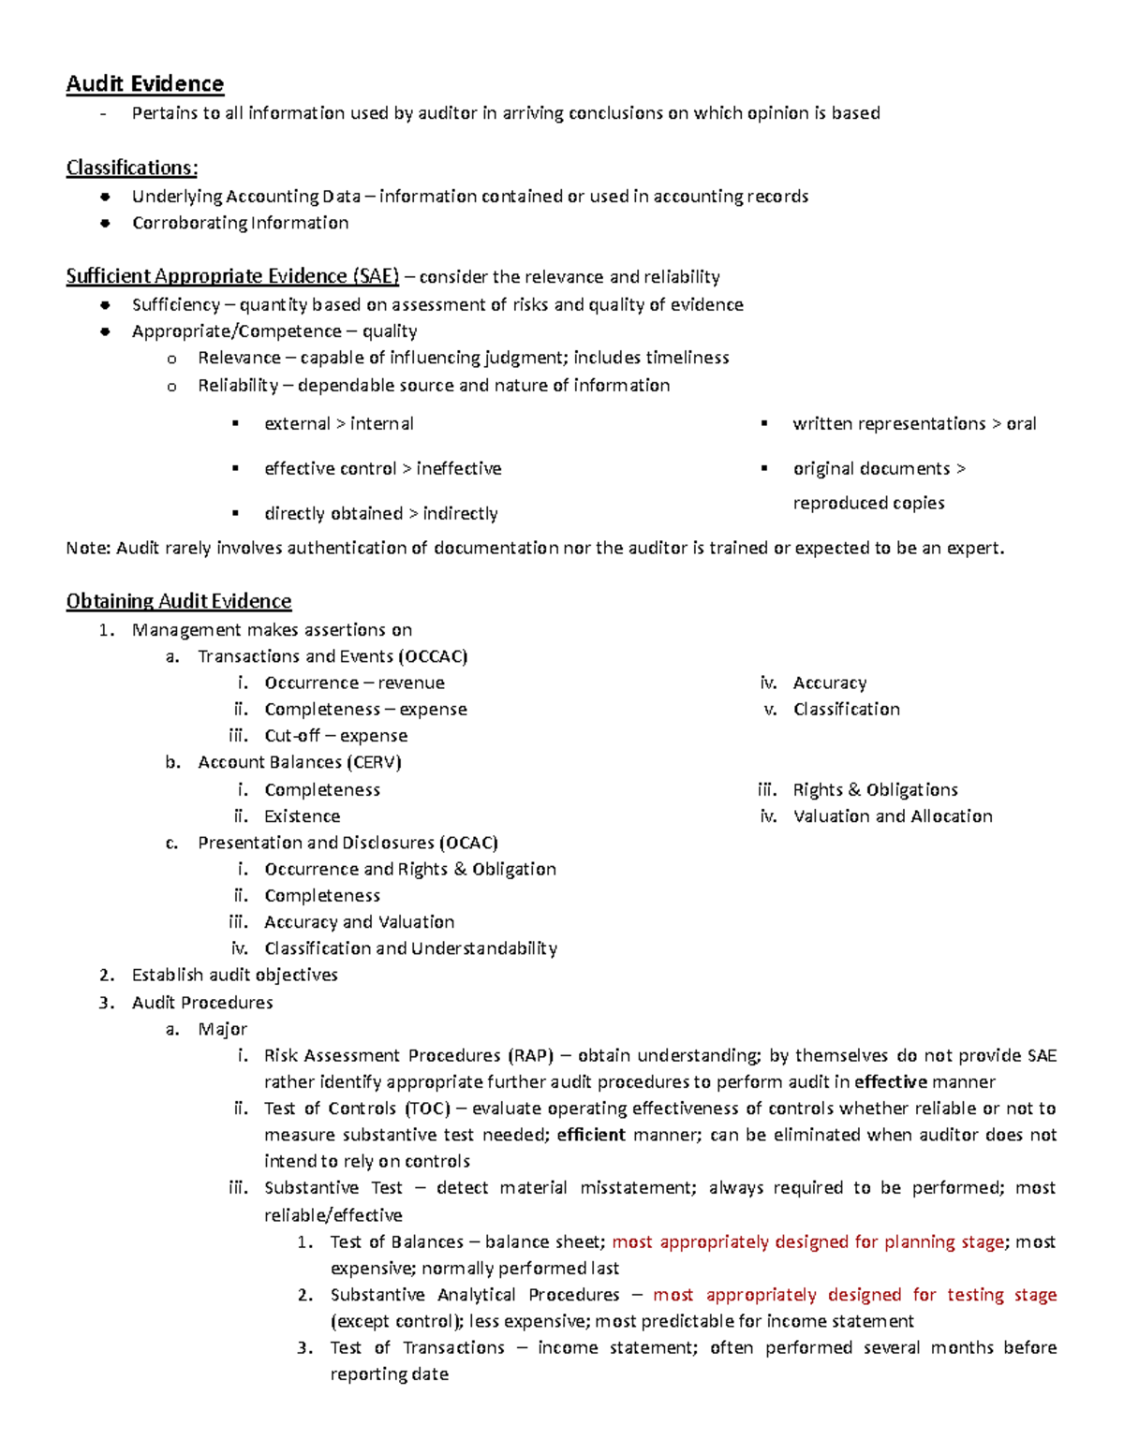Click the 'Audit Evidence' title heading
144,84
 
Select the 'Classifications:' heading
131,169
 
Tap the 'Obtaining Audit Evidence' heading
178,601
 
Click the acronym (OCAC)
468,843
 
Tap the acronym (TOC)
427,1109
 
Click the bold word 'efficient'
591,1135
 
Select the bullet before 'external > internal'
236,424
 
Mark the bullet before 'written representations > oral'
764,424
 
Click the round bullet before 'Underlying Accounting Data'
106,197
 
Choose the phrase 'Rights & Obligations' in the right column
875,790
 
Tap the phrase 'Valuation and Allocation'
893,816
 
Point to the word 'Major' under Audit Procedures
222,1030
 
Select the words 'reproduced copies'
868,503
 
